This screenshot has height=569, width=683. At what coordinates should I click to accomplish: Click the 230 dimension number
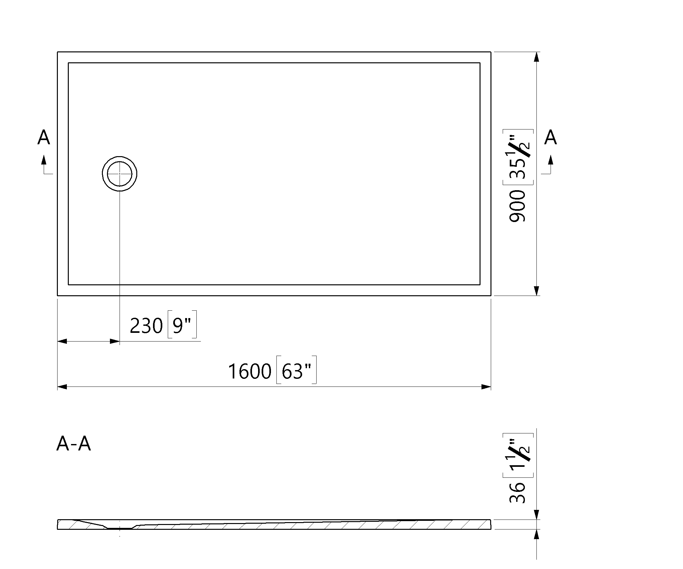tap(146, 326)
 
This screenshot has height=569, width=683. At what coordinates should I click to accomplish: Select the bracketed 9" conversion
tap(182, 325)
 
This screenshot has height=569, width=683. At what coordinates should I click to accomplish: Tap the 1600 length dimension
tap(249, 371)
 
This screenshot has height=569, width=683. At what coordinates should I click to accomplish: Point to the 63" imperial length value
tap(296, 370)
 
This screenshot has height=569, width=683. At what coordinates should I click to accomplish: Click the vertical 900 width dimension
tap(517, 207)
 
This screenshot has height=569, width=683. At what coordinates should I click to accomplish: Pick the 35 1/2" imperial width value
tap(518, 157)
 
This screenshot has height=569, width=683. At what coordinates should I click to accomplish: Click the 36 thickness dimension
tap(517, 493)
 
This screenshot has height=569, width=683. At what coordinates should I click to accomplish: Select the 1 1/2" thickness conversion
tap(518, 456)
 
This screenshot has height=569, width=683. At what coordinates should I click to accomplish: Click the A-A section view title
tap(74, 444)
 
